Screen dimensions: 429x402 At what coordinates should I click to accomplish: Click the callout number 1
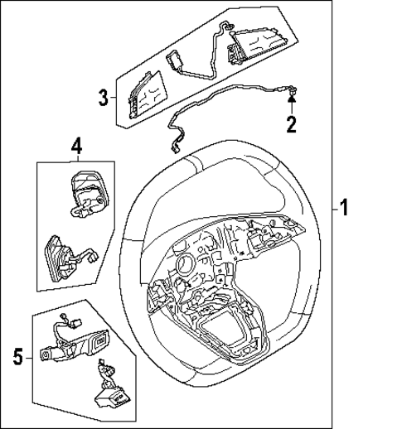pos(342,209)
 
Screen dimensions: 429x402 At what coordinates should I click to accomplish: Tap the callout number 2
pos(291,125)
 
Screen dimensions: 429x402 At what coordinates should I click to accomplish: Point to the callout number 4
pos(75,147)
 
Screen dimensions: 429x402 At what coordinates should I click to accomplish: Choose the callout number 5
pos(18,357)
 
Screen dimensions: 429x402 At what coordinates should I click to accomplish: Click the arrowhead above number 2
pos(291,100)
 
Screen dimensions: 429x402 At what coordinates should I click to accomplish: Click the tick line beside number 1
pos(329,209)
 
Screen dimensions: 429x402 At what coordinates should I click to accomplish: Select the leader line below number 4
pos(75,158)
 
